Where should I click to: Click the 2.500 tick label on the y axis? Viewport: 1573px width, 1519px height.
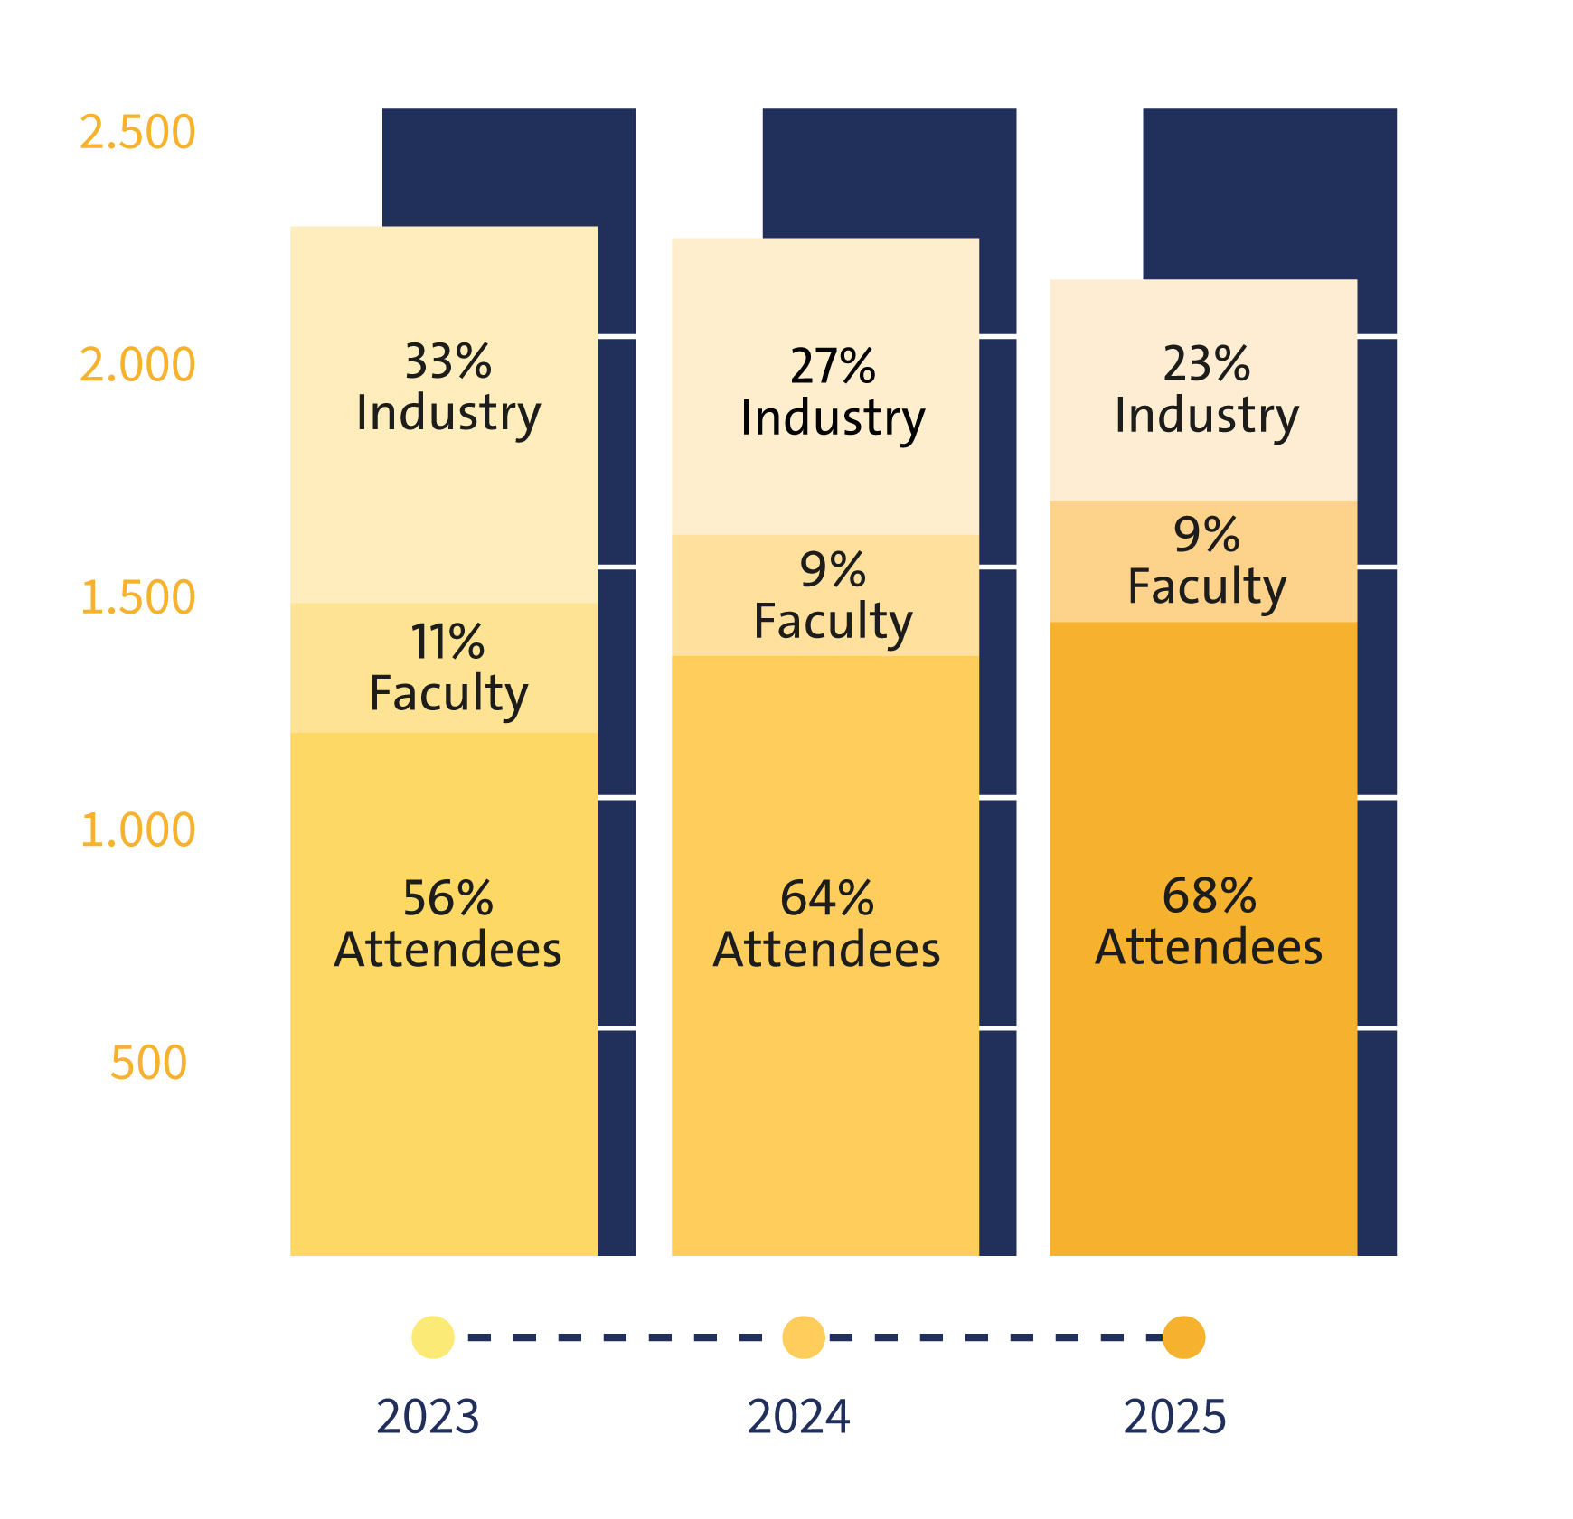coord(137,133)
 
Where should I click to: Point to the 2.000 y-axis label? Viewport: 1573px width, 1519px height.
coord(137,365)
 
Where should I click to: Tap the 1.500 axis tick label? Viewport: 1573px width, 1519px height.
coord(137,598)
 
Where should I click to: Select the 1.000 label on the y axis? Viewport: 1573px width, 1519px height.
coord(137,830)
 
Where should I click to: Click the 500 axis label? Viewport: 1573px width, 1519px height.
coord(148,1063)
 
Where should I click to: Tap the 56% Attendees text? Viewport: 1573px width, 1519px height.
coord(448,924)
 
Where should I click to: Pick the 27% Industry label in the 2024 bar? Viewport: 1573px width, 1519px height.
coord(833,392)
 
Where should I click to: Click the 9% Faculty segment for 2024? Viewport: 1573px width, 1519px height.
coord(833,595)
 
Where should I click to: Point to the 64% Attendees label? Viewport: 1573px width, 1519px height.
coord(827,924)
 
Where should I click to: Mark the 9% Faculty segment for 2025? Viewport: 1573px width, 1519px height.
coord(1207,561)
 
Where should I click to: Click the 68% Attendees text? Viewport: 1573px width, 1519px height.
coord(1209,922)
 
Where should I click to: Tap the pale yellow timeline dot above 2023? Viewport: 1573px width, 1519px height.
coord(433,1337)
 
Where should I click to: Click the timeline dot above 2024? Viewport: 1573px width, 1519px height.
coord(804,1337)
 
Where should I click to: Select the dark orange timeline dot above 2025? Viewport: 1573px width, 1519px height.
coord(1183,1337)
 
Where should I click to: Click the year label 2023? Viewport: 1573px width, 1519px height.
coord(428,1417)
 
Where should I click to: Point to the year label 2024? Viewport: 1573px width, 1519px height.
coord(798,1417)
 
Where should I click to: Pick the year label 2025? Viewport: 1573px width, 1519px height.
coord(1174,1417)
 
